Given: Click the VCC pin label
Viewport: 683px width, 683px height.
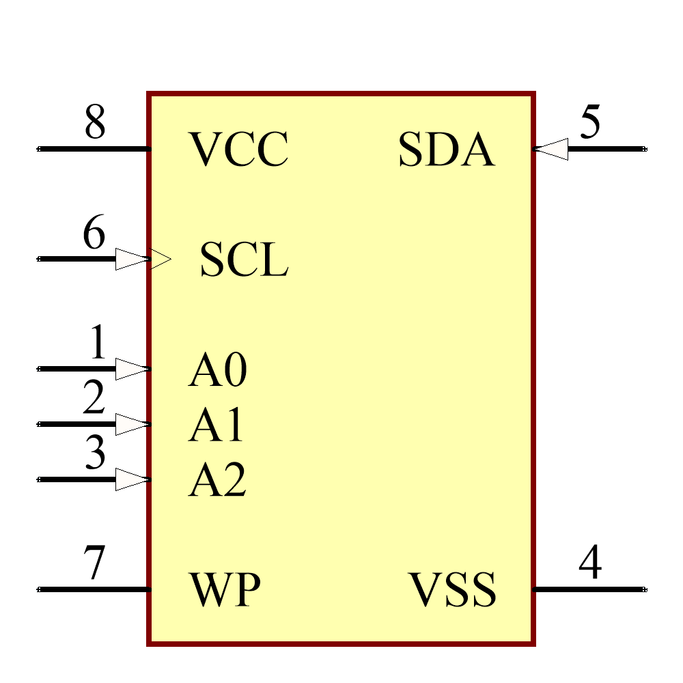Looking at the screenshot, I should pos(238,150).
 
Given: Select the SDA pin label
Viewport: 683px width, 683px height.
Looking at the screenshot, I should pos(446,150).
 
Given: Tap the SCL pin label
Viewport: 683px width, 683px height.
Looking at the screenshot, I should pos(244,260).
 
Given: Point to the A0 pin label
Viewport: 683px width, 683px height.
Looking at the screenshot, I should pos(217,371).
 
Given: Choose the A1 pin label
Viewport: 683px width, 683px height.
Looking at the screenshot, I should pos(216,426).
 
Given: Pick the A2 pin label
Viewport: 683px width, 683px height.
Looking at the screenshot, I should pos(217,481).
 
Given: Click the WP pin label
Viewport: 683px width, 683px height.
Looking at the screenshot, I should pos(225,590).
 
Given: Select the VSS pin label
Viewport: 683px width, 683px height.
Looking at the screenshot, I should pos(452,590).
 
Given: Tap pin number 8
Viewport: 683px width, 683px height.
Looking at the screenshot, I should pos(95,123).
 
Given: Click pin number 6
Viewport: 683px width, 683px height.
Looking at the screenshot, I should pos(94,233).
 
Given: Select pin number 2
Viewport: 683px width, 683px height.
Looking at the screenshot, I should pos(94,398).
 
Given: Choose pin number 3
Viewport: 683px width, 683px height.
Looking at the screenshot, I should pos(95,452).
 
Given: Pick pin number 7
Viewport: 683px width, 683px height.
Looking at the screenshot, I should pos(94,563).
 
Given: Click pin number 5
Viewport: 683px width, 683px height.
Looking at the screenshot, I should pos(590,123).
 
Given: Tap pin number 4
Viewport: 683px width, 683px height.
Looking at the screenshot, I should pos(590,563).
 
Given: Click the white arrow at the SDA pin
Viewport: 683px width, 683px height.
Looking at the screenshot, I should pos(551,149).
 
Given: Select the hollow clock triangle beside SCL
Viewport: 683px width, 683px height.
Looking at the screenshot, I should pos(161,260).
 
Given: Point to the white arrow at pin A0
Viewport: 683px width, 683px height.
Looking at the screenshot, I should pos(132,369).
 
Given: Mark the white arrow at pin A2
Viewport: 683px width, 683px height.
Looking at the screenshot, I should pos(132,479).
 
